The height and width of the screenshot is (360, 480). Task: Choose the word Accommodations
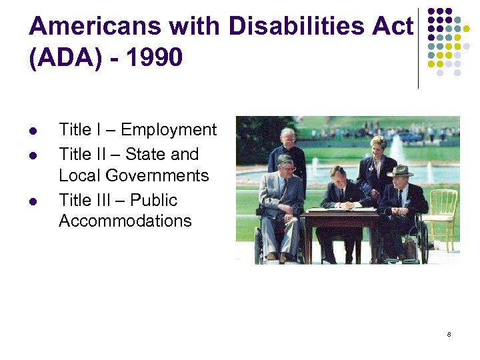coord(125,221)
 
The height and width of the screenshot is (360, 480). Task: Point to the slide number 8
coord(449,333)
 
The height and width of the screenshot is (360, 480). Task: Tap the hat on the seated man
coord(399,171)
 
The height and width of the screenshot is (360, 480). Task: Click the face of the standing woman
coord(375,145)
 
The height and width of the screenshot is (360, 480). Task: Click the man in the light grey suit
coord(281,200)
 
